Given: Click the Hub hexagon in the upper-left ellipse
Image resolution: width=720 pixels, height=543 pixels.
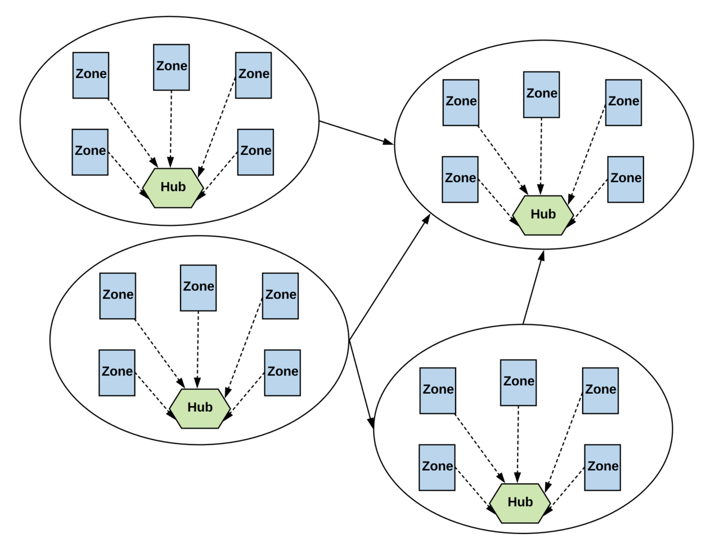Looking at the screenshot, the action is click(x=173, y=188).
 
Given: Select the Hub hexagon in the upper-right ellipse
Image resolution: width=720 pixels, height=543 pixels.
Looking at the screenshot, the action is click(x=543, y=215).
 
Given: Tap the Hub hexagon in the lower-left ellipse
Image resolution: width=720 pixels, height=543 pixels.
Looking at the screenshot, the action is click(x=200, y=408).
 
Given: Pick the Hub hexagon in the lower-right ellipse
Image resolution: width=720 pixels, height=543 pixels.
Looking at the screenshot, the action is click(x=520, y=503).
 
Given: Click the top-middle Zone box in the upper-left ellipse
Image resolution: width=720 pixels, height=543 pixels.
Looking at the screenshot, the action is click(x=171, y=68).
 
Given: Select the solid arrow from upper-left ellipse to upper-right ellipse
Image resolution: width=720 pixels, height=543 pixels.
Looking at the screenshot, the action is click(x=356, y=132).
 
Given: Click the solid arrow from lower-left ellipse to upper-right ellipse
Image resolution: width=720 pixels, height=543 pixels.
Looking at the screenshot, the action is click(x=389, y=277).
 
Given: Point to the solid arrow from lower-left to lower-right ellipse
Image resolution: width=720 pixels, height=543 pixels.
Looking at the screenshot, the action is click(x=361, y=384).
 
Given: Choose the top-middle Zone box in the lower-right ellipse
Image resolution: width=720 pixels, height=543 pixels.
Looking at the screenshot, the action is click(x=518, y=382).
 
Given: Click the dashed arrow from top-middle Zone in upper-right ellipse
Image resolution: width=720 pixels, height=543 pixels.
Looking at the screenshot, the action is click(x=541, y=155).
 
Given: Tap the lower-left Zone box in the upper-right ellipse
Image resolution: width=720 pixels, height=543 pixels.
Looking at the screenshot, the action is click(x=460, y=179).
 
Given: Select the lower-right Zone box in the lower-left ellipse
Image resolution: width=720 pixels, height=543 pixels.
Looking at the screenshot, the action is click(x=282, y=372).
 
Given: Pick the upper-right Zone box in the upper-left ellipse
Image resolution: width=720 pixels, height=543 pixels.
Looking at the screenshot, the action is click(x=253, y=75).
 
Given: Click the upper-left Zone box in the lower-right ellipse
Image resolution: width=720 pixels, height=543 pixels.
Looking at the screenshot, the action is click(x=438, y=390).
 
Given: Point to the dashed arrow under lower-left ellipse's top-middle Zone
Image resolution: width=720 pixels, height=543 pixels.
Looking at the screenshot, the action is click(x=198, y=350).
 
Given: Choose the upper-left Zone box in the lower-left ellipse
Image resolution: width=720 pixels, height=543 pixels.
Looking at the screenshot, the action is click(x=118, y=296).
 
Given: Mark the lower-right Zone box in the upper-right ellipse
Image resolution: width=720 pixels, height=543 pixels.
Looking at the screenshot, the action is click(x=625, y=179).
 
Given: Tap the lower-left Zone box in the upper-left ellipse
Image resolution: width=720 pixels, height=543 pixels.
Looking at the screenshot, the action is click(x=90, y=152).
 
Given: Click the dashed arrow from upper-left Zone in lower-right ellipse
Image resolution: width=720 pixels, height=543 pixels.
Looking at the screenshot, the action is click(x=480, y=448).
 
